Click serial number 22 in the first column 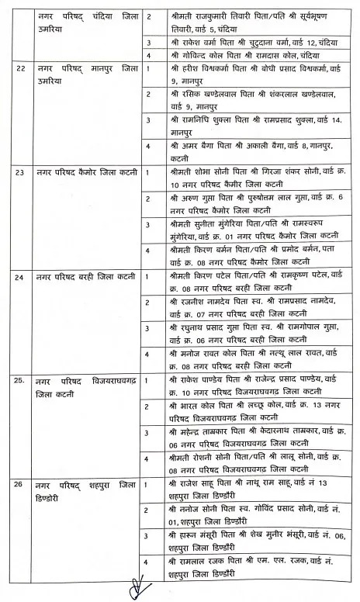pyautogui.click(x=21, y=70)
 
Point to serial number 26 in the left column pyautogui.click(x=21, y=485)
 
